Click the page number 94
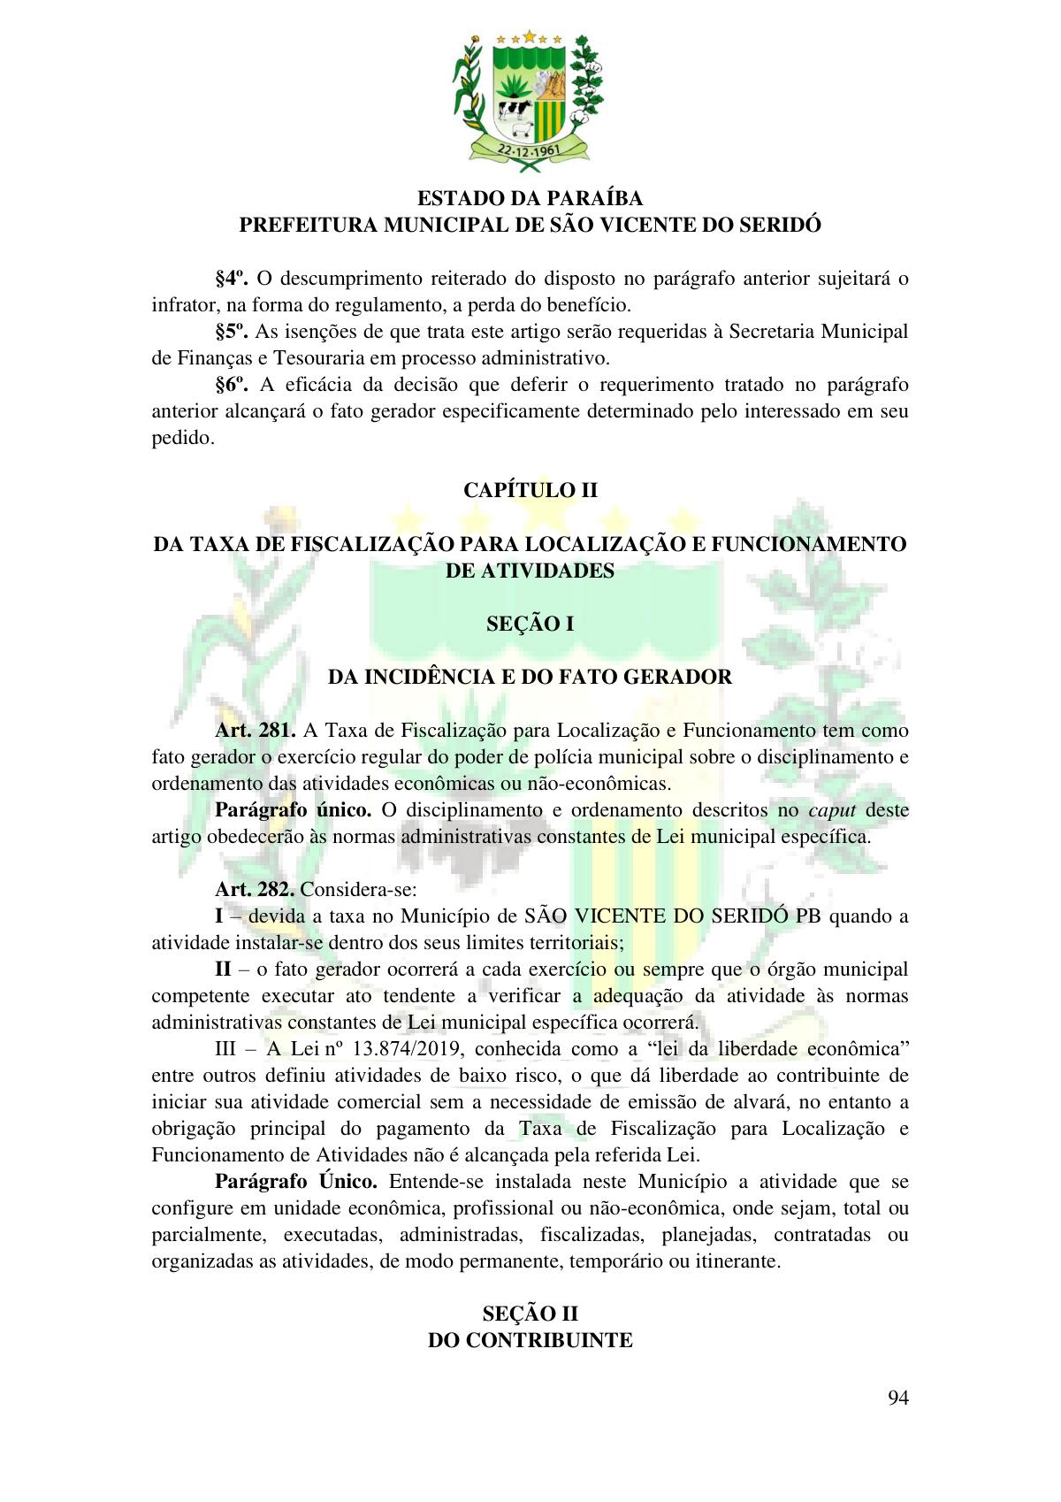pos(898,1398)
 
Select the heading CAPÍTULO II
pos(530,490)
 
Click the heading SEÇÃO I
pos(530,624)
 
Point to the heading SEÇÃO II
pos(530,1313)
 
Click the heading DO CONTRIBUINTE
pos(530,1340)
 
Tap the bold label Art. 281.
pos(256,731)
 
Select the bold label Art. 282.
pos(255,890)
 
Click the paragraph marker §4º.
pos(232,280)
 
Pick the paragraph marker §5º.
pos(232,333)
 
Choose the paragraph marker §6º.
pos(232,386)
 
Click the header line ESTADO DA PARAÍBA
pos(530,198)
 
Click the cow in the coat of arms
pos(513,110)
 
